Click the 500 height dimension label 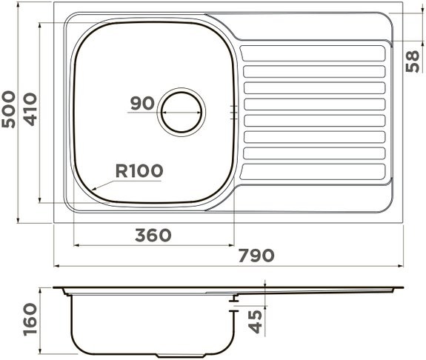pyautogui.click(x=9, y=109)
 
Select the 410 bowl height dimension pyautogui.click(x=30, y=109)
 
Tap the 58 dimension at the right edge pyautogui.click(x=413, y=61)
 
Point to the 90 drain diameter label pyautogui.click(x=142, y=103)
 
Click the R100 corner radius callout pyautogui.click(x=139, y=170)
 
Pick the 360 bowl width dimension pyautogui.click(x=153, y=235)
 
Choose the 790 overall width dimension pyautogui.click(x=256, y=256)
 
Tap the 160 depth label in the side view pyautogui.click(x=30, y=320)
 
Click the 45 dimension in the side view pyautogui.click(x=256, y=321)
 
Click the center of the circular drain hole pyautogui.click(x=182, y=112)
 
